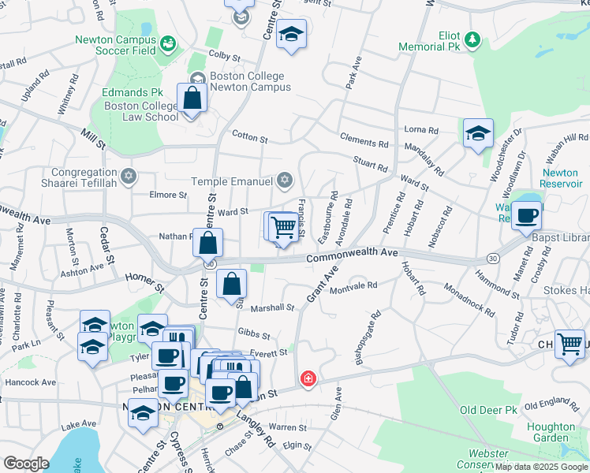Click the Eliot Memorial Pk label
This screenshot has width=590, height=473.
tap(439, 42)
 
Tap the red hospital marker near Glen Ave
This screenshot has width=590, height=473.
tap(307, 379)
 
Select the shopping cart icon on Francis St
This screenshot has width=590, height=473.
tap(283, 227)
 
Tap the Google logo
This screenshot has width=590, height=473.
tap(25, 464)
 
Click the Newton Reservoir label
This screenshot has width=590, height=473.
tap(560, 178)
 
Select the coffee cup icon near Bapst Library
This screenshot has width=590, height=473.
tap(526, 215)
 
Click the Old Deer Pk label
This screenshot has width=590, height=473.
tap(488, 410)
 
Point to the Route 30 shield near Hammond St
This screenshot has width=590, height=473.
tap(492, 259)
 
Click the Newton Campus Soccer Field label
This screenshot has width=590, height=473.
tap(115, 46)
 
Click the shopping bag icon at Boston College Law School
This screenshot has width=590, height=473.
tap(192, 99)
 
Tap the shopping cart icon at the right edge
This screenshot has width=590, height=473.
tap(569, 345)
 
